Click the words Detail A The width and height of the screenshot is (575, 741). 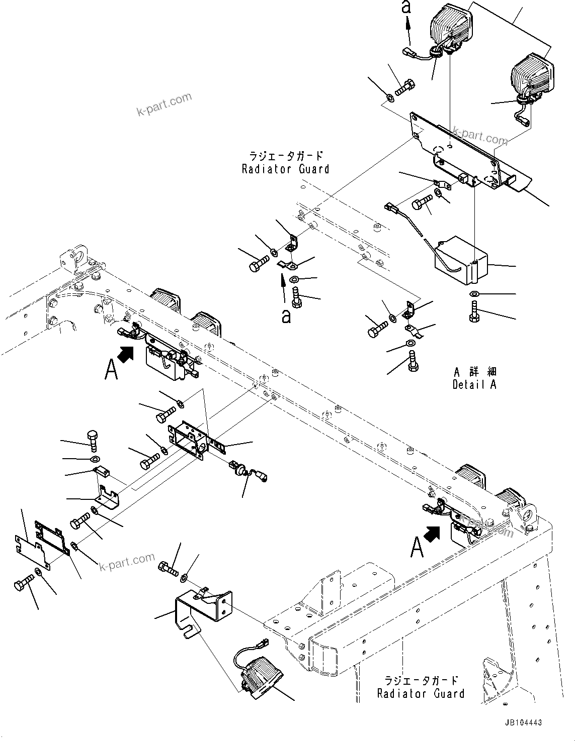474,385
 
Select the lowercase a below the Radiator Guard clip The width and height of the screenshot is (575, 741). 286,316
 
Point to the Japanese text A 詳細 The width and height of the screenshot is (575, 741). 474,372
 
